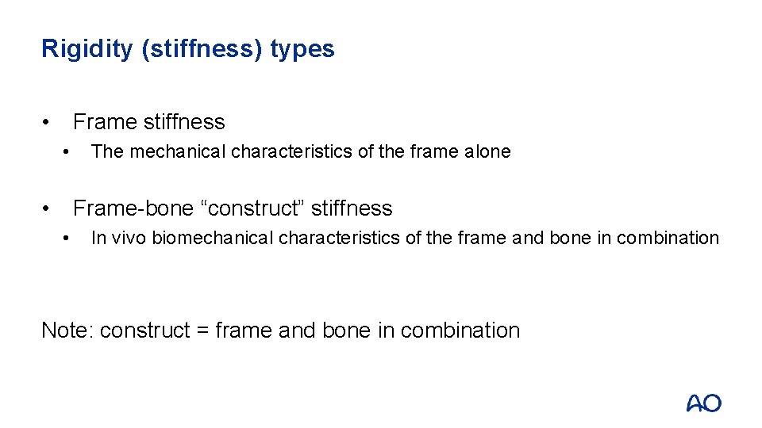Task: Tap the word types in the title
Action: (302, 49)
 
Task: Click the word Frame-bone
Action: (133, 208)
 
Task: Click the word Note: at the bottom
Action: (67, 330)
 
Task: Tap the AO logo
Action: (703, 403)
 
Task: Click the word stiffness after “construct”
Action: (352, 208)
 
